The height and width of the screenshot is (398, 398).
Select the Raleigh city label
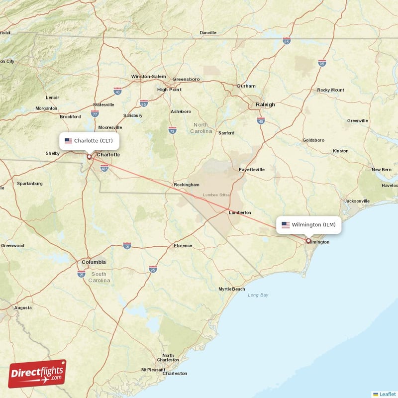265,104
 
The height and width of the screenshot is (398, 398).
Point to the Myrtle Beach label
232,289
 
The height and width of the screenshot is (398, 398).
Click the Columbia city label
94,262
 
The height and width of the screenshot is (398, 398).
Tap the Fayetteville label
252,170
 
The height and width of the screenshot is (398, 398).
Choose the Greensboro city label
186,79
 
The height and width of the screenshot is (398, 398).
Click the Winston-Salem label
148,76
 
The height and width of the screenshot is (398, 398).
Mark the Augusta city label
23,308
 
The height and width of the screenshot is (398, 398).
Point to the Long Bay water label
258,295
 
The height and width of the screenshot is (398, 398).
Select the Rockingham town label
187,185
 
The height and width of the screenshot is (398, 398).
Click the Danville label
208,33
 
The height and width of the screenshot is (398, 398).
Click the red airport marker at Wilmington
308,241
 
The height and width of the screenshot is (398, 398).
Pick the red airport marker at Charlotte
89,157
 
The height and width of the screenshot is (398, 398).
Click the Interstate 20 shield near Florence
127,246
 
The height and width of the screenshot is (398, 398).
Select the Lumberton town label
240,212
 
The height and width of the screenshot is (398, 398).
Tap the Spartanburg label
30,184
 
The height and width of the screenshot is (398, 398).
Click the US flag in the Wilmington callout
286,225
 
